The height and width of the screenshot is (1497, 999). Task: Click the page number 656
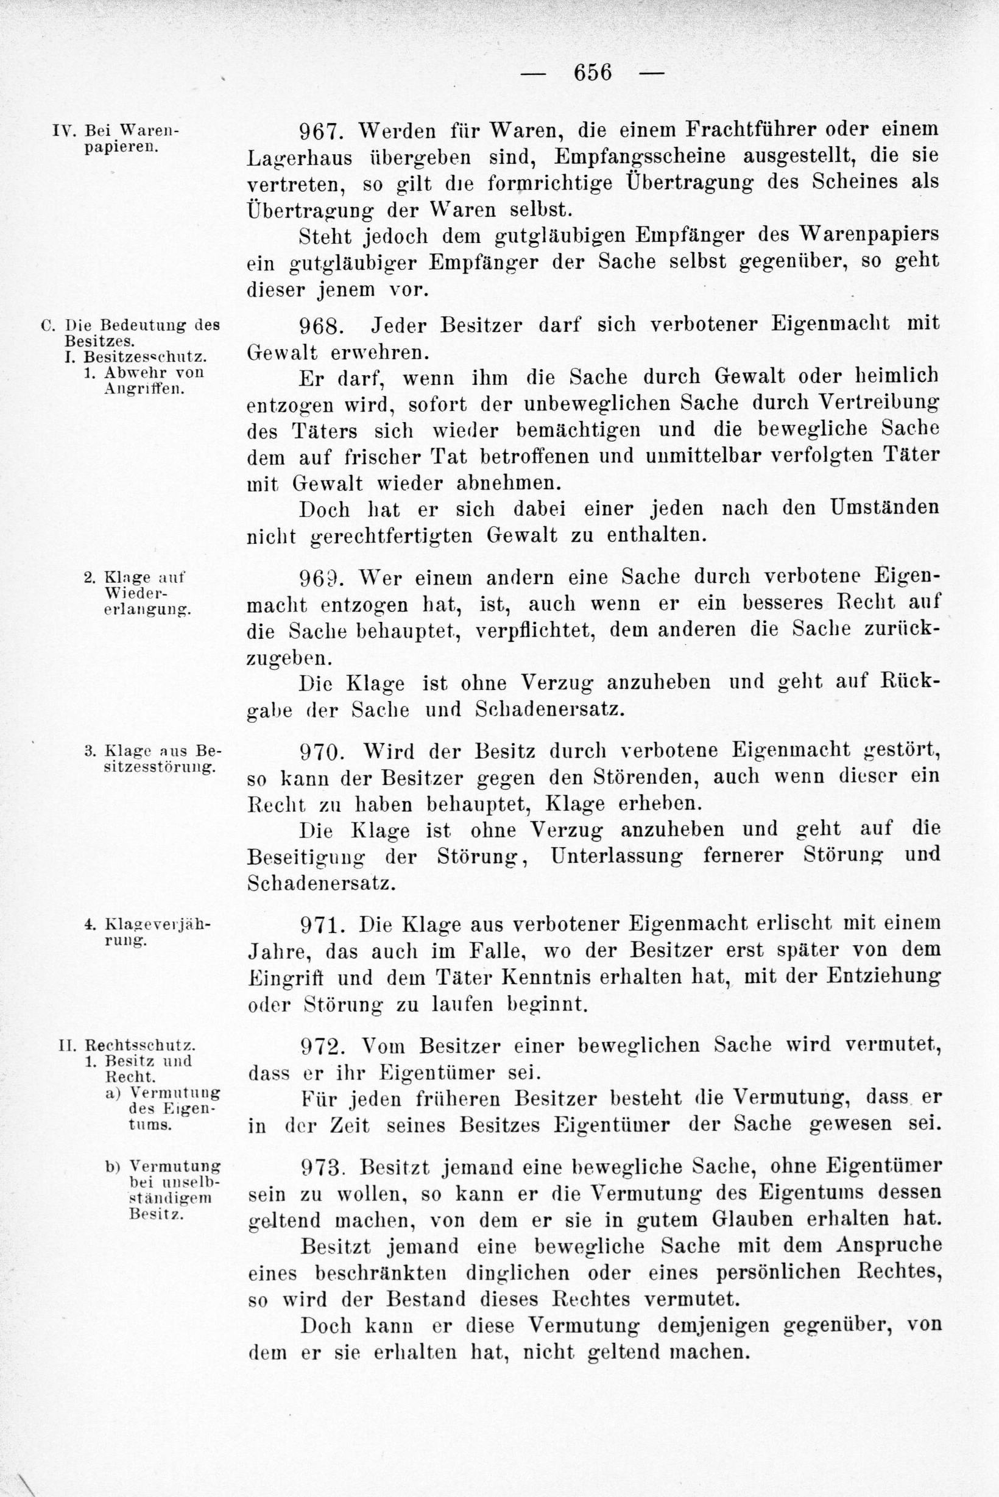click(593, 72)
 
